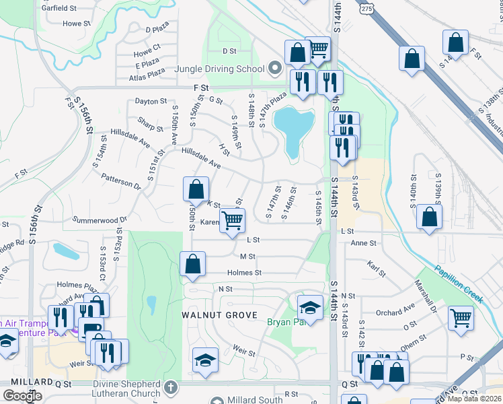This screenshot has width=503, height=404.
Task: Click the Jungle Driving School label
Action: pyautogui.click(x=219, y=69)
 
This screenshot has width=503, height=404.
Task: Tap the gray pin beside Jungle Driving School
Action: pyautogui.click(x=274, y=68)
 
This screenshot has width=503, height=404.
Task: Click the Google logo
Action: pyautogui.click(x=22, y=395)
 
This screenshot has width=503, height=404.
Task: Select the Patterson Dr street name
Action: pyautogui.click(x=121, y=180)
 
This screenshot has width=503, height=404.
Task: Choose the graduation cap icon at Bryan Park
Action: pyautogui.click(x=309, y=308)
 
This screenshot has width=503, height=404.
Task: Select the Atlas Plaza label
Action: pyautogui.click(x=147, y=77)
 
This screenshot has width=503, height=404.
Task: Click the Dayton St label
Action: pyautogui.click(x=150, y=101)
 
